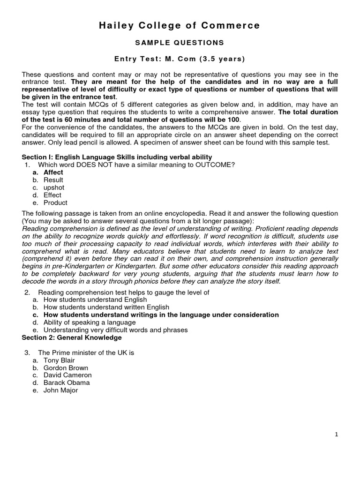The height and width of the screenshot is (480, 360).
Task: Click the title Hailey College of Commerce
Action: click(x=180, y=25)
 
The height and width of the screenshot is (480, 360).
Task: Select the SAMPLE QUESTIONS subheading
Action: click(x=180, y=43)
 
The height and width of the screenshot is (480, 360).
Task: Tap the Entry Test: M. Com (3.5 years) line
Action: click(x=180, y=59)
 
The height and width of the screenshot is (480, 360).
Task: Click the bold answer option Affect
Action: click(x=53, y=172)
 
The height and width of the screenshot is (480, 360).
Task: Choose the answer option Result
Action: click(x=53, y=180)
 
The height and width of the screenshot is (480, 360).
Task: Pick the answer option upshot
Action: click(x=54, y=187)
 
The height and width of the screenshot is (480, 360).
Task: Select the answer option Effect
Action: click(x=52, y=195)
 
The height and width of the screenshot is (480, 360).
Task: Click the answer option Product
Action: click(x=55, y=202)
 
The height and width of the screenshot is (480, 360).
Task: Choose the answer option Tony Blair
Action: click(x=59, y=360)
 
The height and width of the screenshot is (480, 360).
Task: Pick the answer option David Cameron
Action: click(x=67, y=375)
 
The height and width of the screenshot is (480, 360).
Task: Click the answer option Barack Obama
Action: click(x=67, y=382)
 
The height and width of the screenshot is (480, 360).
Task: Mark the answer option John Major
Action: click(x=61, y=390)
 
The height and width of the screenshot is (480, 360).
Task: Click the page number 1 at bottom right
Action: click(x=336, y=435)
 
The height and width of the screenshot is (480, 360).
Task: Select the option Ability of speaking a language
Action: click(x=90, y=322)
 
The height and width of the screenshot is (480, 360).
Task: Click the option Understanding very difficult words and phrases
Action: click(x=115, y=330)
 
